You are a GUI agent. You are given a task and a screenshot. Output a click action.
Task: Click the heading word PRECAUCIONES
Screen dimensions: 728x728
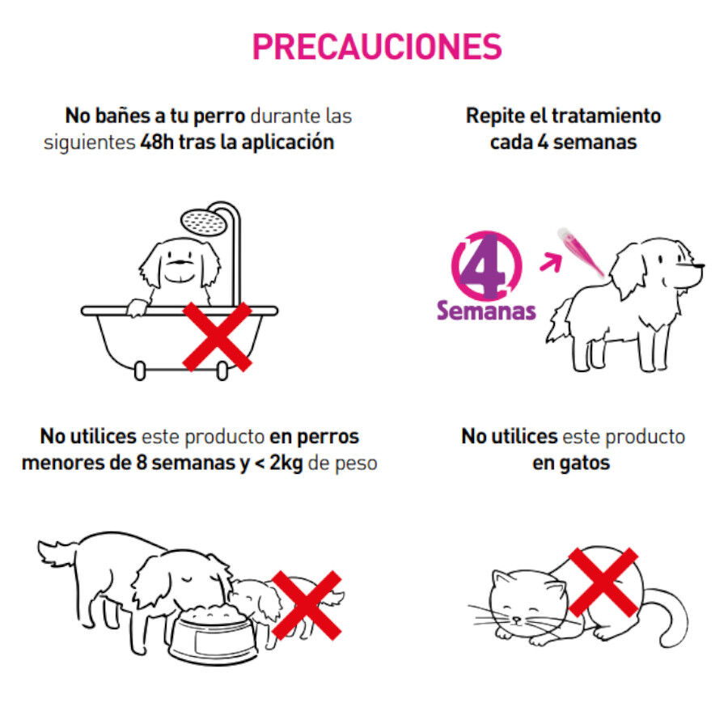pyautogui.click(x=377, y=47)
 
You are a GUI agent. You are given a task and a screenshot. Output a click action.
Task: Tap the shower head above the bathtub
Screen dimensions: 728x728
pyautogui.click(x=200, y=219)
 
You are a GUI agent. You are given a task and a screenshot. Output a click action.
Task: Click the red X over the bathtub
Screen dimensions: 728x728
pyautogui.click(x=217, y=336)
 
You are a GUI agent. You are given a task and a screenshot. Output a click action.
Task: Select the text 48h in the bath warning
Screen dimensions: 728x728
pyautogui.click(x=156, y=142)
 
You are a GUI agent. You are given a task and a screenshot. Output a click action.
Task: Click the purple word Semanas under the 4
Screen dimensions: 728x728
pyautogui.click(x=486, y=310)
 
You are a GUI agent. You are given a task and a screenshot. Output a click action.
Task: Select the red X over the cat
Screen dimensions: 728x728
pyautogui.click(x=603, y=582)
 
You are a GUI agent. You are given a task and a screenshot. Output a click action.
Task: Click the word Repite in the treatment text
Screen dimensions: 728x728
pyautogui.click(x=493, y=115)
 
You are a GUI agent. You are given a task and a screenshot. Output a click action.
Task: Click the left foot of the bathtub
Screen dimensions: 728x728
pyautogui.click(x=141, y=371)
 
